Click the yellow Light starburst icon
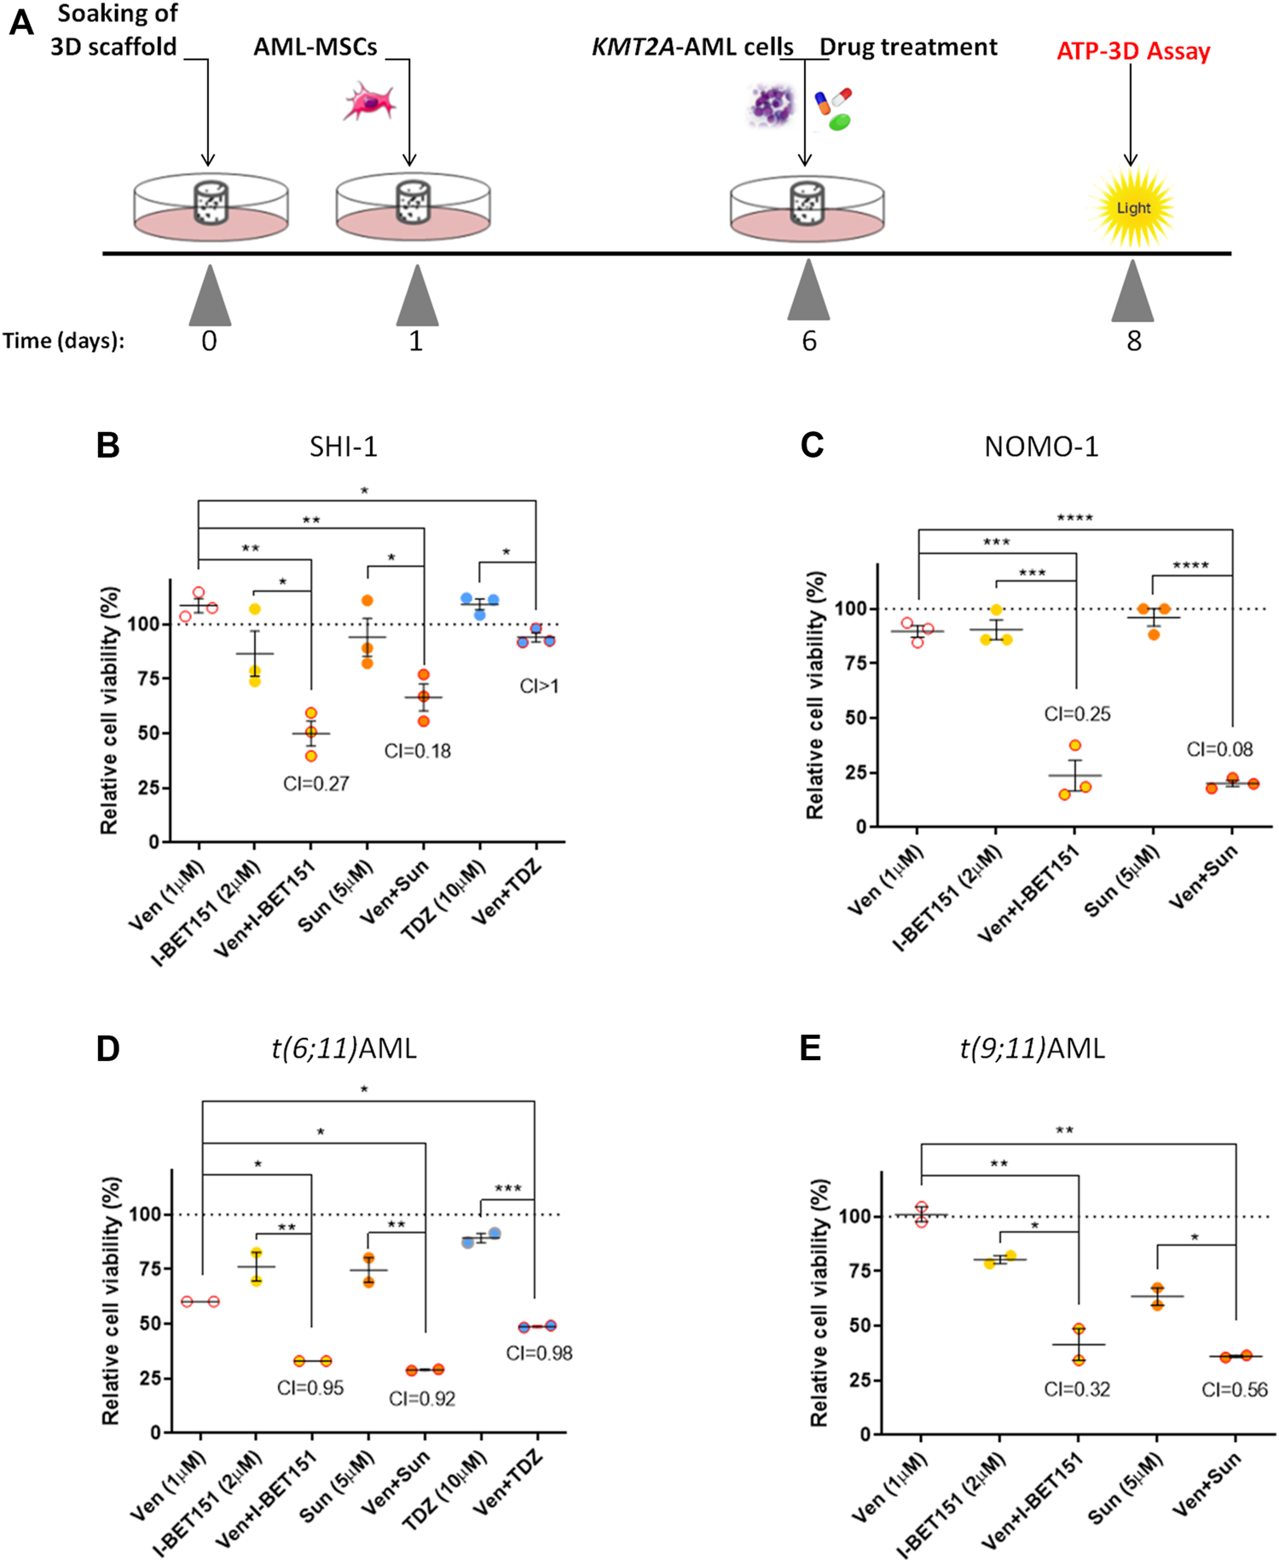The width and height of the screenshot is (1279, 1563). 1133,208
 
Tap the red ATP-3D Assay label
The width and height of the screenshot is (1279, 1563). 1133,51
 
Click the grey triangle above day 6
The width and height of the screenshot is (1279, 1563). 808,291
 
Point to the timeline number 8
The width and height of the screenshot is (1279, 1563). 1133,341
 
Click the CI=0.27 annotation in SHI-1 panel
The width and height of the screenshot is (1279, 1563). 316,783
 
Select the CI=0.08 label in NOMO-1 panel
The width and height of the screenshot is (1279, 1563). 1219,749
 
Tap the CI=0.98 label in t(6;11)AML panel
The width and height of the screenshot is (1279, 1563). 539,1352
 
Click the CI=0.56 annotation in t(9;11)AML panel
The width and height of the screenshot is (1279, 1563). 1234,1389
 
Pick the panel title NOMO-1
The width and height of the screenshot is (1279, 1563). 1041,447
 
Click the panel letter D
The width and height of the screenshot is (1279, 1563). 108,1048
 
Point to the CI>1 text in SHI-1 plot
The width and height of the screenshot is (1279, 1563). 539,686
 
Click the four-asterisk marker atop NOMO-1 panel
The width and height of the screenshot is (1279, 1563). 1074,517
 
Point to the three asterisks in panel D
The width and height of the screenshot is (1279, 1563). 508,1188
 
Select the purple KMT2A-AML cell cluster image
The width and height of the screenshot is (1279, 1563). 772,105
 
